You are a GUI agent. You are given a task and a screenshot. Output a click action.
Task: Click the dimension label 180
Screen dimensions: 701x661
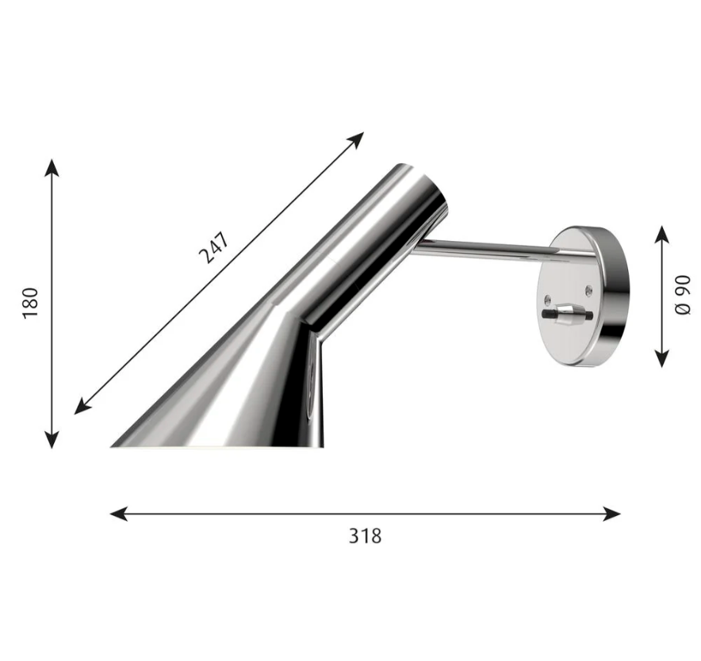coord(31,303)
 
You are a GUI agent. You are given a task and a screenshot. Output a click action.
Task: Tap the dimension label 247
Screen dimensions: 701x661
coord(214,247)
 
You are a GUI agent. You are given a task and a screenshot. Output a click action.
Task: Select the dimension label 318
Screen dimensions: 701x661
coord(366,536)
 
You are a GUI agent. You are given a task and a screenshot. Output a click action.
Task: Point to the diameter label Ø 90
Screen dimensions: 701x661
coord(683,296)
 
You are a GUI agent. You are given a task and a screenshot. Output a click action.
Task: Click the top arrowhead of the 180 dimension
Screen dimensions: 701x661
coord(52,167)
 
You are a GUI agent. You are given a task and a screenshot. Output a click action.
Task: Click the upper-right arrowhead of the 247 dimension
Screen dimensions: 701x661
coord(356,139)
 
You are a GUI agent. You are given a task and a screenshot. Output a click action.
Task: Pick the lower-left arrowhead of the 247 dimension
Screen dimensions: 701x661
coord(82,406)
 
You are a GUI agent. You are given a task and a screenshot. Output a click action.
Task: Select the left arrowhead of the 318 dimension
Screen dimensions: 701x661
coord(119,514)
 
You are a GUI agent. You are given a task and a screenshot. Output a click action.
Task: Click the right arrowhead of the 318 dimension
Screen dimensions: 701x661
coord(611,514)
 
